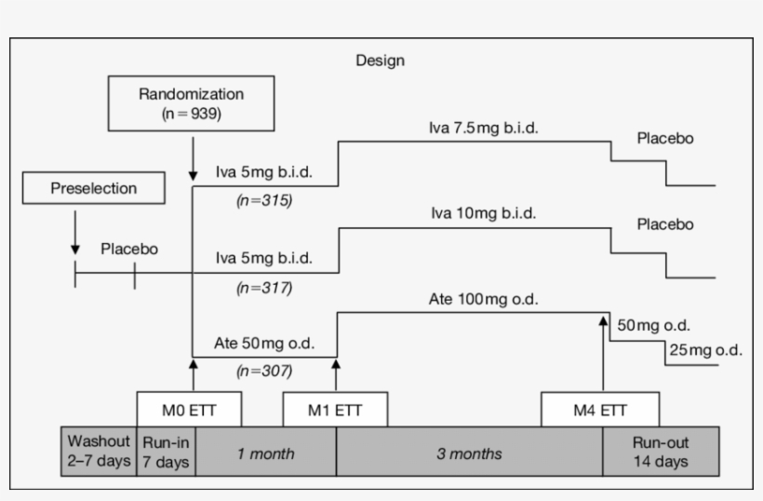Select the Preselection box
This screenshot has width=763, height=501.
pos(95,188)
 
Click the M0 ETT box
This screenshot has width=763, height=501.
pos(190,409)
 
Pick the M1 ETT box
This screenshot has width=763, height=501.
pos(336,409)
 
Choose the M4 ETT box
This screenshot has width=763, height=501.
pos(601,409)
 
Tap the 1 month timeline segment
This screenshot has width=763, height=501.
pos(266,454)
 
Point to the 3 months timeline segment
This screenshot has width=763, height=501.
pos(470,454)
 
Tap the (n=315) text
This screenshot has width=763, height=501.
pos(265,199)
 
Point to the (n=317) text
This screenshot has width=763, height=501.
pos(265,287)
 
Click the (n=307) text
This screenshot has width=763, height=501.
pos(265,371)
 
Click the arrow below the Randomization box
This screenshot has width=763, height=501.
pos(193,158)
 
